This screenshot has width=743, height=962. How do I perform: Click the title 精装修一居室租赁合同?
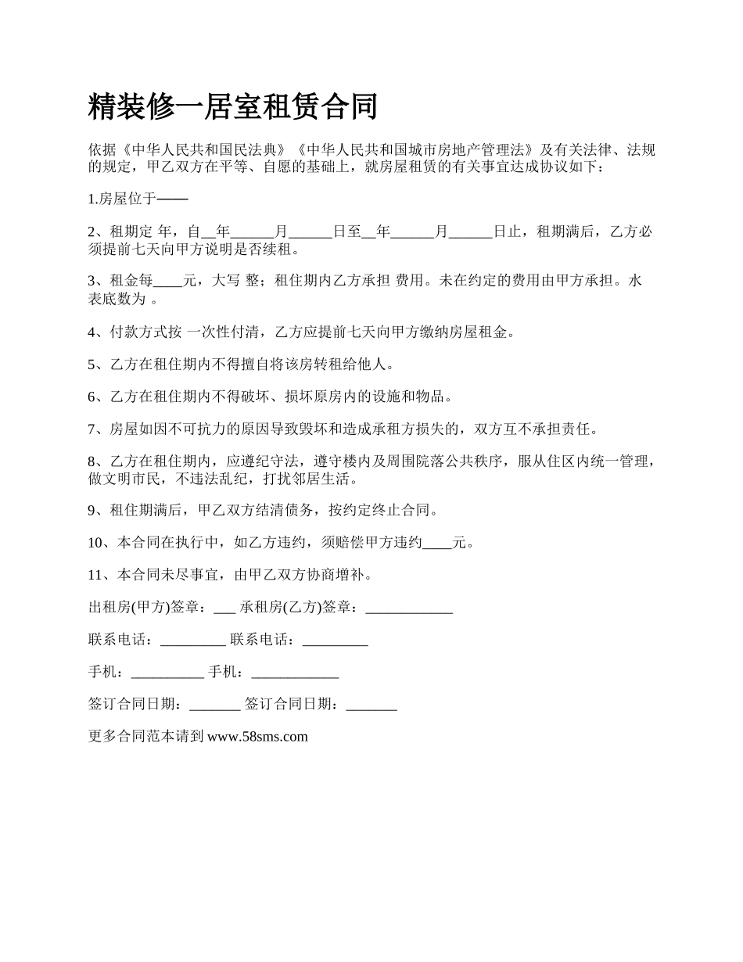233,107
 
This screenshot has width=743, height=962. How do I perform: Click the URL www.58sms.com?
257,736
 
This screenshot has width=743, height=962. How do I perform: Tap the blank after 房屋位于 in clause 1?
173,199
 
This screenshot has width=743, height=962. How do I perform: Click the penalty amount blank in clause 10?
437,544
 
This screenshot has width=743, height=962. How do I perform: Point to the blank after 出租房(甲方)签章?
224,608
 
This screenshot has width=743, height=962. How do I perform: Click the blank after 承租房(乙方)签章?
409,608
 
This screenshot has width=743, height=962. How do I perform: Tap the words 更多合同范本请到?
146,736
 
